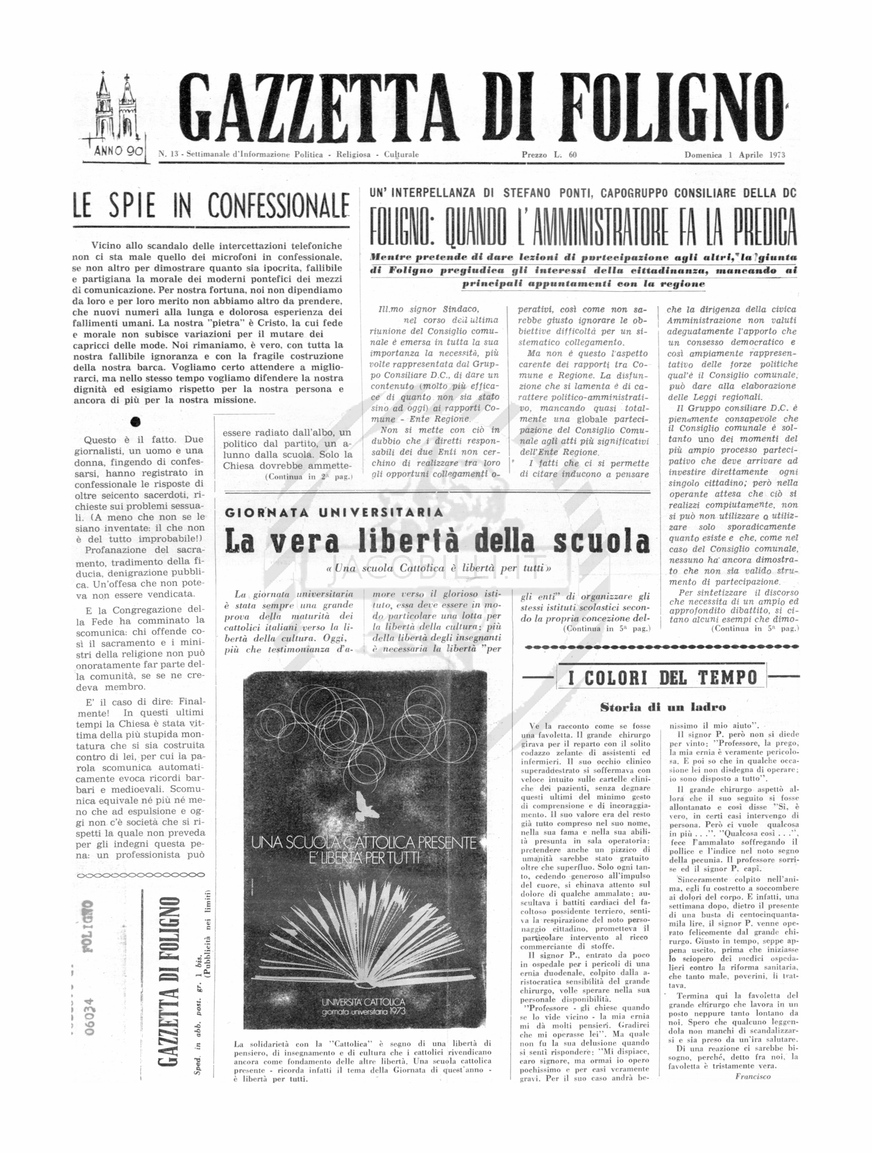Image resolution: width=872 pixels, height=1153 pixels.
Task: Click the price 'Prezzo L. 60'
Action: [x=549, y=155]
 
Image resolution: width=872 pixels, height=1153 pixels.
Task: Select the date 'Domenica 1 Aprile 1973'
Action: [x=734, y=155]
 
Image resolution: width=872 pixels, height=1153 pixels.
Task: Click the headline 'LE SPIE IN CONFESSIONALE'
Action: [x=211, y=205]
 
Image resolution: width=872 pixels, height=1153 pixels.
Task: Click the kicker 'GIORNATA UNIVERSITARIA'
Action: [x=334, y=512]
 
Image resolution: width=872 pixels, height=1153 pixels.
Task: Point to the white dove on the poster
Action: [x=365, y=806]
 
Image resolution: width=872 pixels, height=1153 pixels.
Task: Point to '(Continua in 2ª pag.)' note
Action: [x=309, y=476]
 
